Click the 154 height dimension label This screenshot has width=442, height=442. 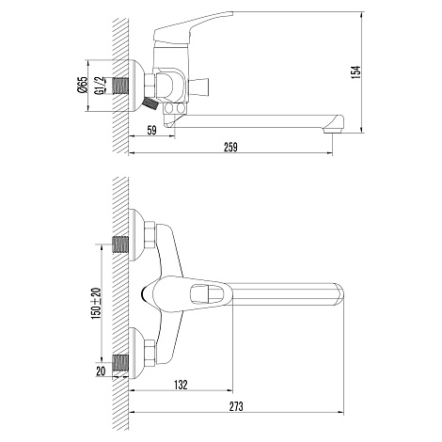pyautogui.click(x=356, y=72)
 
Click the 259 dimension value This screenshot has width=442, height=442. pyautogui.click(x=230, y=147)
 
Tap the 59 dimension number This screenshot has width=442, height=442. pyautogui.click(x=151, y=130)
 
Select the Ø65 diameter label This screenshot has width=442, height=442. pyautogui.click(x=83, y=85)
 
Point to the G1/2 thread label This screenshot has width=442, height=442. pyautogui.click(x=99, y=86)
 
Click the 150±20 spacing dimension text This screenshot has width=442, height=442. pyautogui.click(x=97, y=303)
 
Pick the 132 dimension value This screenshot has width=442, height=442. pyautogui.click(x=181, y=385)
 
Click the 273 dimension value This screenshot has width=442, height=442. pyautogui.click(x=236, y=406)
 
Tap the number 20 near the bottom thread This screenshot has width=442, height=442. pyautogui.click(x=101, y=371)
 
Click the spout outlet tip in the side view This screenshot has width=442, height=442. pyautogui.click(x=333, y=130)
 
